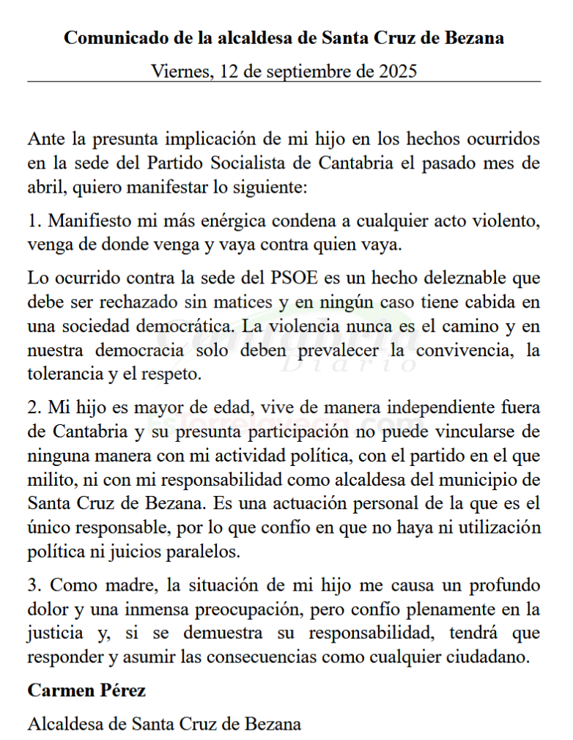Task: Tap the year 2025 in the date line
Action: click(x=398, y=71)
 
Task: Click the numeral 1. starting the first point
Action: click(x=34, y=219)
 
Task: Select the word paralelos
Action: click(x=208, y=550)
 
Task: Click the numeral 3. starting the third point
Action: click(x=34, y=585)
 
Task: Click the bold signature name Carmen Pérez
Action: click(x=86, y=690)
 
